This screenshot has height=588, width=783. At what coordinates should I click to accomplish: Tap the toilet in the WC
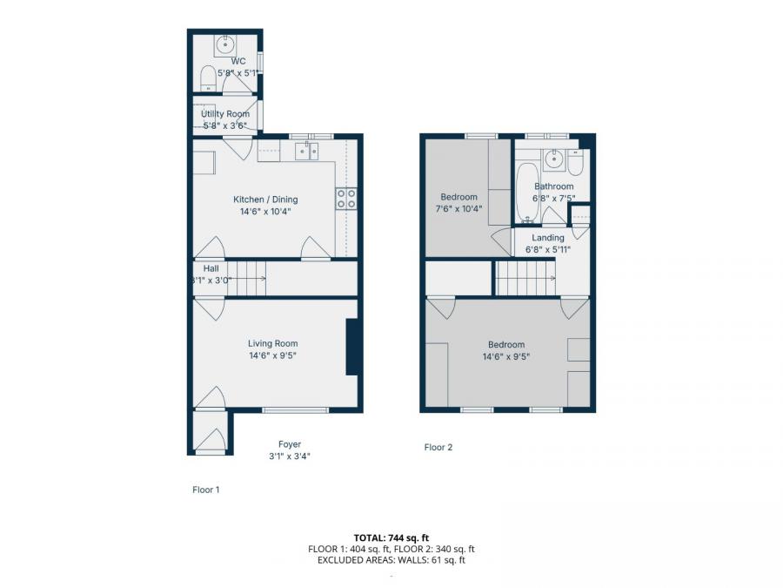[208, 79]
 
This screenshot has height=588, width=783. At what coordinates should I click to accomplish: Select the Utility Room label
[225, 114]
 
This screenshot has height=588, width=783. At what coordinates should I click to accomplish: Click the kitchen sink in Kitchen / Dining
[306, 152]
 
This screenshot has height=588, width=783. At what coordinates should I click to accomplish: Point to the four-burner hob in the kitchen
[346, 198]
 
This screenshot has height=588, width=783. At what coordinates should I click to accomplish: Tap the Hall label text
[211, 268]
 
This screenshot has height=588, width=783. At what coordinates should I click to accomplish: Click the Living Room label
[273, 343]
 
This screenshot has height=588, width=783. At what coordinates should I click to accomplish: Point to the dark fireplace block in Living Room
[352, 347]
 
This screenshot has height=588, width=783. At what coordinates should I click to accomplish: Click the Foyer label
[290, 444]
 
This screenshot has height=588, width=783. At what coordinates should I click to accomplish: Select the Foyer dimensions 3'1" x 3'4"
[290, 456]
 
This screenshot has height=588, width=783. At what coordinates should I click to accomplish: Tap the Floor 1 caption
[206, 490]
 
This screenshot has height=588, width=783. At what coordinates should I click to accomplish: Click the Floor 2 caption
[438, 448]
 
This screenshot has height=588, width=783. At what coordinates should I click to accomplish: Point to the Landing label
[548, 238]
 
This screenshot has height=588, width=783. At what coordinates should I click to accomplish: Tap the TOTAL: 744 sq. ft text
[391, 537]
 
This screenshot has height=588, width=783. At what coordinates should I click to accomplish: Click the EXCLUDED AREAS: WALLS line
[391, 560]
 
